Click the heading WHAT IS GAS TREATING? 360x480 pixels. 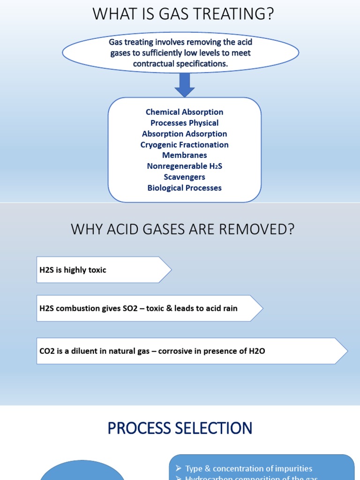pyautogui.click(x=183, y=14)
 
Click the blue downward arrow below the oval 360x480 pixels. pyautogui.click(x=184, y=84)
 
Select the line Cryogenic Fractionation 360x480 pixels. pyautogui.click(x=184, y=145)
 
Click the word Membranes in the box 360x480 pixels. pyautogui.click(x=184, y=155)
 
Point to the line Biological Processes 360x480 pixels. pyautogui.click(x=184, y=188)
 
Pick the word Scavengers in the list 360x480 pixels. pyautogui.click(x=184, y=177)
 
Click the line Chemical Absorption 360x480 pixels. pyautogui.click(x=184, y=112)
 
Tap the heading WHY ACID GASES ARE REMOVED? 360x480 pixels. pyautogui.click(x=182, y=230)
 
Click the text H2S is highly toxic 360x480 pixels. pyautogui.click(x=73, y=270)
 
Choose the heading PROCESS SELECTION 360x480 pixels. pyautogui.click(x=180, y=428)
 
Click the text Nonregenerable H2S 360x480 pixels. pyautogui.click(x=184, y=166)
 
